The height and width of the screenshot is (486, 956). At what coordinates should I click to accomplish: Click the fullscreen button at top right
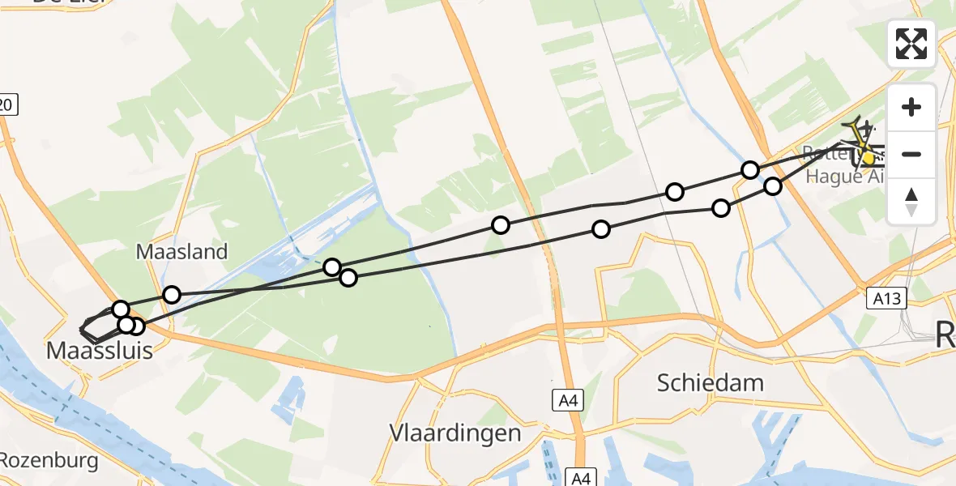point(911,44)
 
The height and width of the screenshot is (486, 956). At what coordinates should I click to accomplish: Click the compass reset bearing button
point(911,202)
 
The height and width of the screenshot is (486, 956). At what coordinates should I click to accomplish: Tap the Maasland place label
point(181,251)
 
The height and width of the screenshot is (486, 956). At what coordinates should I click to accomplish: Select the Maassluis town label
point(99,352)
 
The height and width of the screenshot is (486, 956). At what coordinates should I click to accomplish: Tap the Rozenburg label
point(49,461)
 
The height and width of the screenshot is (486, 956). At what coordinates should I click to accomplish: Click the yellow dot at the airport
point(868,159)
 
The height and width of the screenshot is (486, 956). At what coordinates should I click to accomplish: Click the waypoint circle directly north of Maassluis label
point(121,309)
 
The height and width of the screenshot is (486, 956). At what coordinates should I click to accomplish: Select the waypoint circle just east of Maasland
point(171,294)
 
